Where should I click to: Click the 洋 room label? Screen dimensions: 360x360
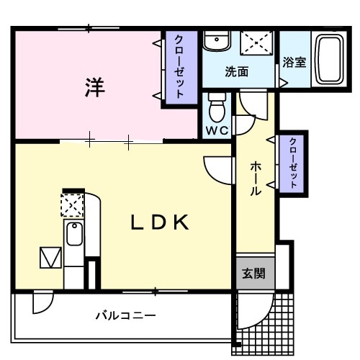[x=95, y=87]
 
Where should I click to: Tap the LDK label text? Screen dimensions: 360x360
[x=160, y=222]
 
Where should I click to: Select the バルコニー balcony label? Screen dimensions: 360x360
[x=126, y=315]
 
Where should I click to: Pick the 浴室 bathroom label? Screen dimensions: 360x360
[x=294, y=62]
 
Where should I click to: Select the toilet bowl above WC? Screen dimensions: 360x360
[x=217, y=107]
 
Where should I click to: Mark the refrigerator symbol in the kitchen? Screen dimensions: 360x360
[x=50, y=256]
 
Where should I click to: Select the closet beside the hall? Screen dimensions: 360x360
[x=292, y=163]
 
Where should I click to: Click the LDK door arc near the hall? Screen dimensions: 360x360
[x=215, y=169]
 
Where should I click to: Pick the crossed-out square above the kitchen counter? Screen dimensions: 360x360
[x=73, y=206]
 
